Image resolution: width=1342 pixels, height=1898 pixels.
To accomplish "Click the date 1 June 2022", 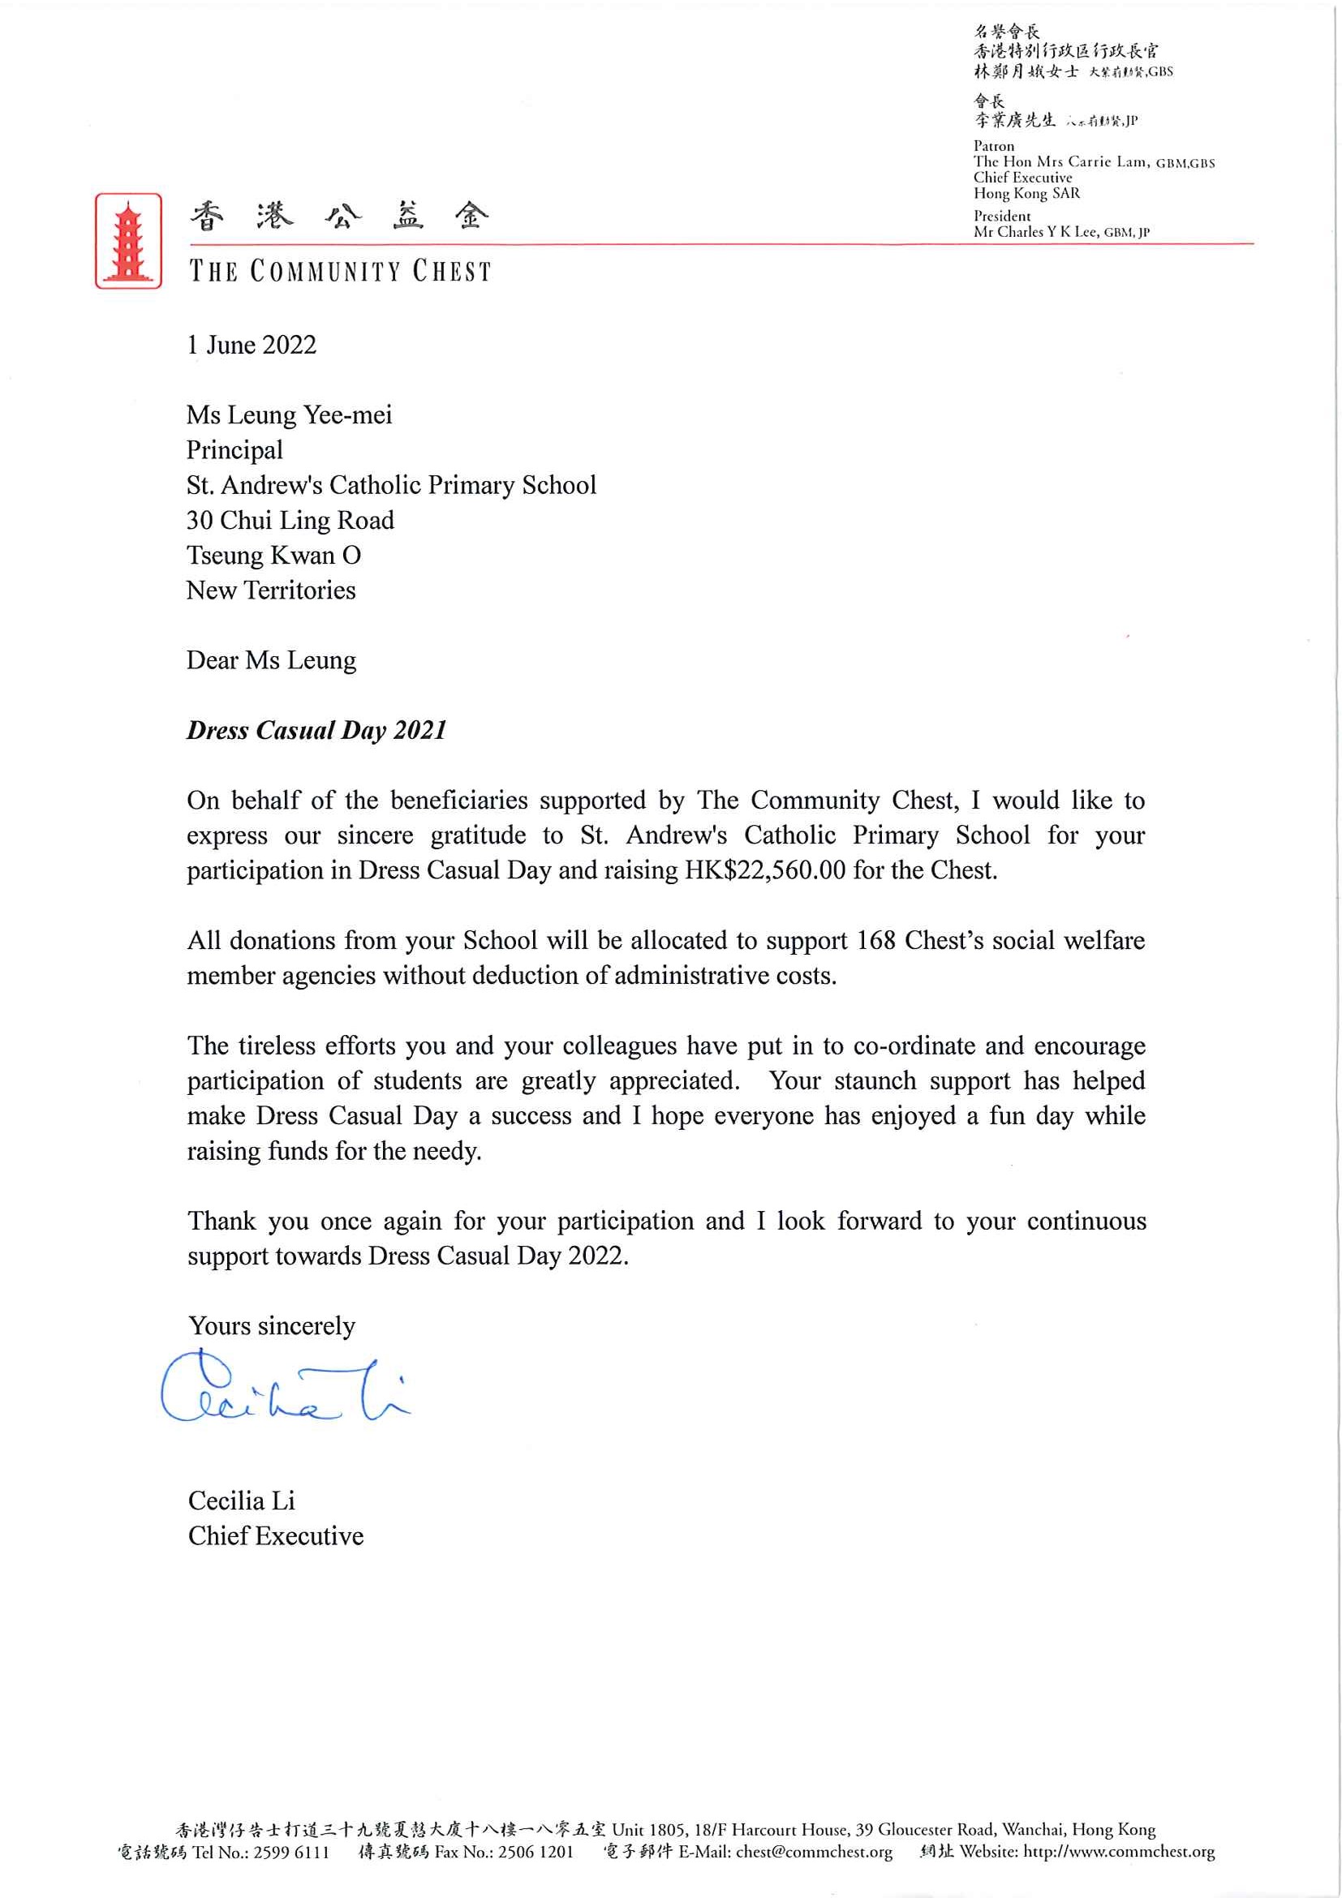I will click(252, 345).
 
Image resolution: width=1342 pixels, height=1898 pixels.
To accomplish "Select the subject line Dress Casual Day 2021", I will click(316, 730).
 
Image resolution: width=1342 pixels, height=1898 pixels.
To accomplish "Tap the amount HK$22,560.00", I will click(765, 870).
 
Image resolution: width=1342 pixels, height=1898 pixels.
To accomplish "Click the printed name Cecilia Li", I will click(242, 1501).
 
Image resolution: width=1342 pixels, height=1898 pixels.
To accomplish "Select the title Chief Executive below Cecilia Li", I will click(275, 1536).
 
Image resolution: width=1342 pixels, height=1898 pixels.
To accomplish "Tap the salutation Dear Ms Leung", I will click(271, 660).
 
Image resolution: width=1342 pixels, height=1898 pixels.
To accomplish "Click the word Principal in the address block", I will click(234, 449).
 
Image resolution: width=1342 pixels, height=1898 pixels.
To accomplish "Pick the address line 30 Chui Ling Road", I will click(290, 520).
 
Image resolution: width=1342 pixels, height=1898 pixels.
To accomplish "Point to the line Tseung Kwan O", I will click(273, 556).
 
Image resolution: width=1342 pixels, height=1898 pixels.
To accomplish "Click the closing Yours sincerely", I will click(272, 1326).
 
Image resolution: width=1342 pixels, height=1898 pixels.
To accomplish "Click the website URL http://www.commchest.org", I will click(1119, 1852).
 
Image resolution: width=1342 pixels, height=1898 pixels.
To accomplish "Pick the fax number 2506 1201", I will click(536, 1852).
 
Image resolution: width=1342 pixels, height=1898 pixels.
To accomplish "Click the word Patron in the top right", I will click(993, 145).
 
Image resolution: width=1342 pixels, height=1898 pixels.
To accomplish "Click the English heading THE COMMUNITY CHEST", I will click(340, 271).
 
